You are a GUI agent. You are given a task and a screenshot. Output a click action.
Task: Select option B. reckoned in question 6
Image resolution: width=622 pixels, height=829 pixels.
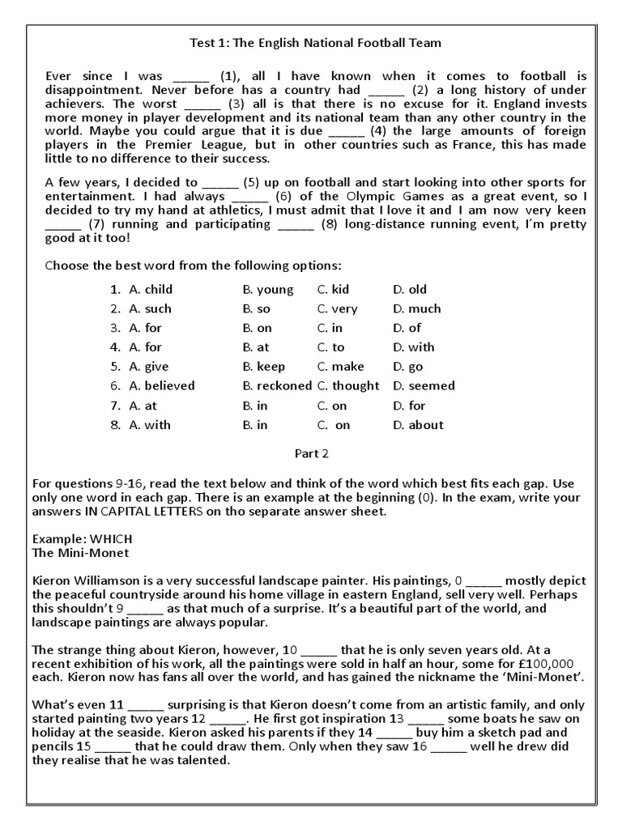click(277, 386)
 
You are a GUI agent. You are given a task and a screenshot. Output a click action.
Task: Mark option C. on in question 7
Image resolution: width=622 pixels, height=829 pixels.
click(331, 406)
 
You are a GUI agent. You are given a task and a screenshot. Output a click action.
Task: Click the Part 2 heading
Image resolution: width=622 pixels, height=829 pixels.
click(311, 453)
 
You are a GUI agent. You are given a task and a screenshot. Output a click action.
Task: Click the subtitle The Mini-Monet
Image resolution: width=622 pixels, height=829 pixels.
click(80, 553)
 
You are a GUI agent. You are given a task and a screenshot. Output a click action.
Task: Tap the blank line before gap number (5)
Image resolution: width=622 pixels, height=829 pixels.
click(219, 183)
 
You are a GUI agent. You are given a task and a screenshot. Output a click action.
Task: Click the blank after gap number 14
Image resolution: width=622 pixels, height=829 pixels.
click(394, 732)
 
